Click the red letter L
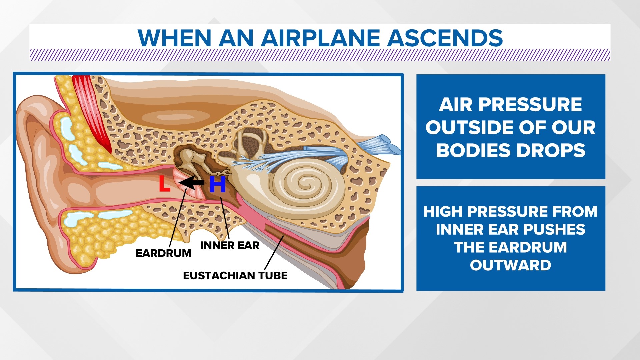164,184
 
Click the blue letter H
217,184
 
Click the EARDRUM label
163,253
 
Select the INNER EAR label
230,246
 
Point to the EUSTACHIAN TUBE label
235,276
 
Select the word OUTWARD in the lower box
510,265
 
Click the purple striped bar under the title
320,55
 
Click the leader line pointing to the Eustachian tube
274,252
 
